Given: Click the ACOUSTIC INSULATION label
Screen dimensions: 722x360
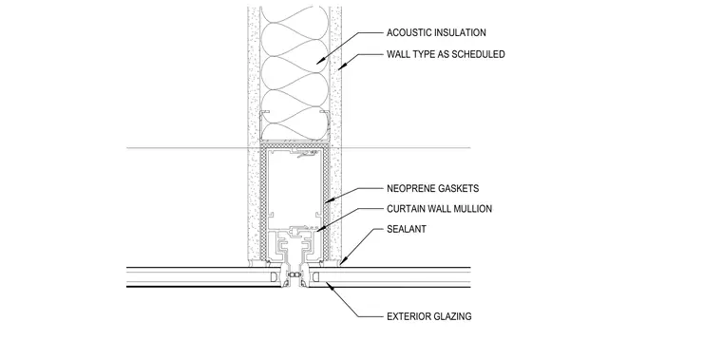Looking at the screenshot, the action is (436, 32).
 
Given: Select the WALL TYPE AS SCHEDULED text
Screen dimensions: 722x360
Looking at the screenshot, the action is (446, 54).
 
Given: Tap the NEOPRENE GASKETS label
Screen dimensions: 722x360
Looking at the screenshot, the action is (433, 188).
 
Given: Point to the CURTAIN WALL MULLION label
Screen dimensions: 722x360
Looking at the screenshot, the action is (439, 209).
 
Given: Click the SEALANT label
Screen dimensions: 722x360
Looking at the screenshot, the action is (407, 229).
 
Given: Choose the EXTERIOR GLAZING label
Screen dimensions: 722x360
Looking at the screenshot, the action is (429, 316).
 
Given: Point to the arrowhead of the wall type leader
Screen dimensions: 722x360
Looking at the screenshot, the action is (342, 66).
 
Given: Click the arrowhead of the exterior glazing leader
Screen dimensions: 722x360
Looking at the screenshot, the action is (330, 286).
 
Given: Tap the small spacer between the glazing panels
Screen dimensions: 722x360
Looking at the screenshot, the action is (294, 275).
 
